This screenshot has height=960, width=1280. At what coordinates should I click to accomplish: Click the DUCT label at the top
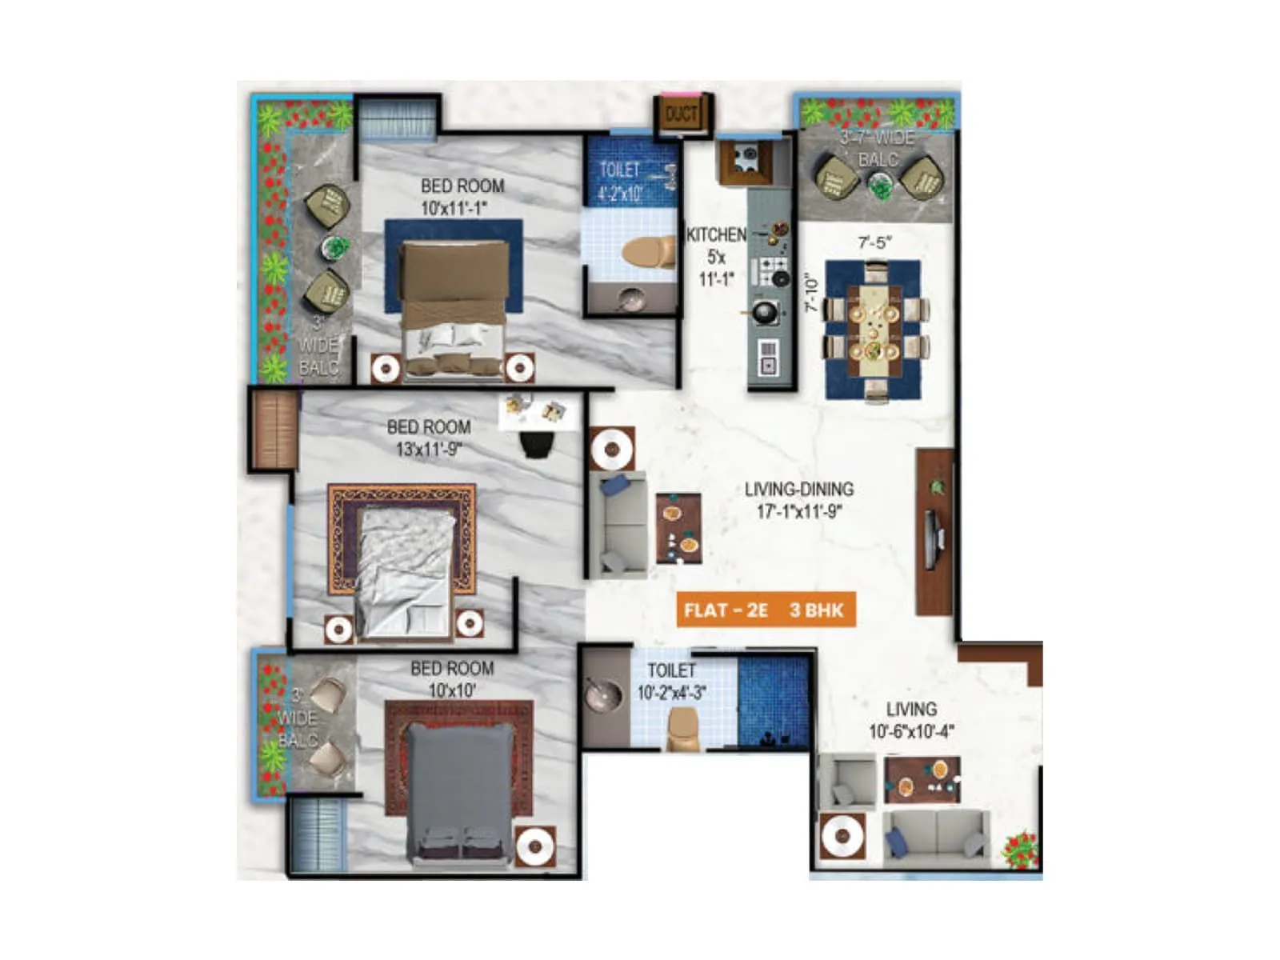coord(681,114)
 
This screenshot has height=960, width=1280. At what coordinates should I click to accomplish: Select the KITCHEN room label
coord(716,235)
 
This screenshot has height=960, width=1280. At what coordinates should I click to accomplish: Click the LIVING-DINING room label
coord(798,489)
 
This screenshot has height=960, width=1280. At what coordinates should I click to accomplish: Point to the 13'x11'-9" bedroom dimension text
coord(429,449)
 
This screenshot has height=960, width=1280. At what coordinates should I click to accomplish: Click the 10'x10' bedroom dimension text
coord(452,690)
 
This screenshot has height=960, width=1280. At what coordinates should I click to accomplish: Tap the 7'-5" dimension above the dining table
coord(875,242)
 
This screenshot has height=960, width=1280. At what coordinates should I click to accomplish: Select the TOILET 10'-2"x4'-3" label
coord(672,682)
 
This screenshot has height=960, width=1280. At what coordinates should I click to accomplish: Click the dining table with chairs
coord(874,329)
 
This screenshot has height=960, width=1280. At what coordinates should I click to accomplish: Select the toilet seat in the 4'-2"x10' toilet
coord(649,251)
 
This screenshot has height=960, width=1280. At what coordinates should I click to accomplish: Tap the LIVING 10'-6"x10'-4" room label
coord(911,720)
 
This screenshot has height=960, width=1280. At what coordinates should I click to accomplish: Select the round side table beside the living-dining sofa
coord(613,449)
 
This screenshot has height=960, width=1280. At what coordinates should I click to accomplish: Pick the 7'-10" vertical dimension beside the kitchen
coord(812,294)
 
